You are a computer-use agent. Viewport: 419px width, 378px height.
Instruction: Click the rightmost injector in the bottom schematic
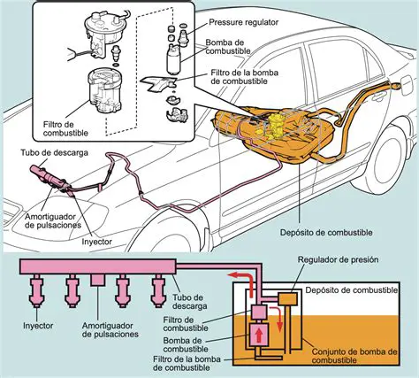click(x=157, y=289)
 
